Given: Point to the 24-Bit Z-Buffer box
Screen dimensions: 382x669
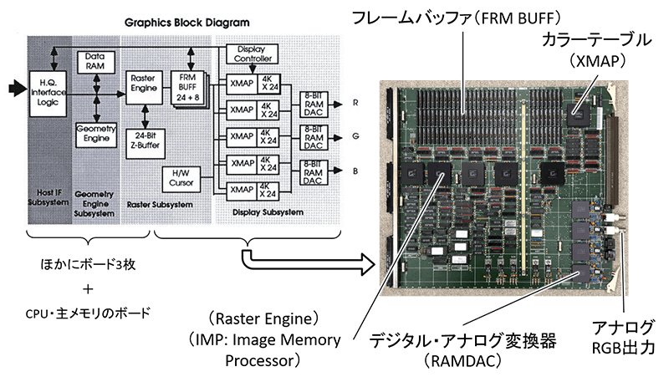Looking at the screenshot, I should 144,141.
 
